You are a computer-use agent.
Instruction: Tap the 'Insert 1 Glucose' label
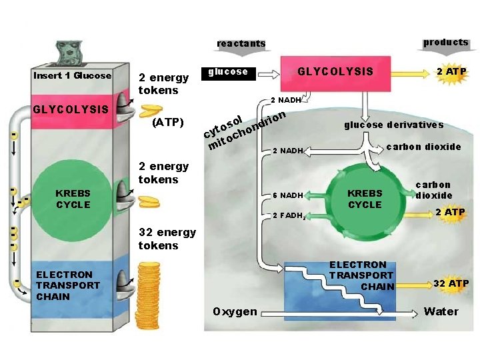73,75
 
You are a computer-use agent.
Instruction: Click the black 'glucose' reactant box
228,72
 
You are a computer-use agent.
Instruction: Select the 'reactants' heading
241,43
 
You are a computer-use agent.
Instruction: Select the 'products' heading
445,42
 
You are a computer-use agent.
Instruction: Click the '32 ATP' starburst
451,283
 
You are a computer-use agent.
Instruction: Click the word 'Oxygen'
235,311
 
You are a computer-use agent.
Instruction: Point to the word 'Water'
441,311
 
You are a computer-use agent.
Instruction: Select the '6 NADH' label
288,195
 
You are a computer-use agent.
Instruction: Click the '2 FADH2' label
289,215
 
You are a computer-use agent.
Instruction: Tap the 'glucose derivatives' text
393,125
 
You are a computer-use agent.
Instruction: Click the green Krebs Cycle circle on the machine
73,199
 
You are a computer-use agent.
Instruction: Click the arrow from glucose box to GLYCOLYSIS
271,72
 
